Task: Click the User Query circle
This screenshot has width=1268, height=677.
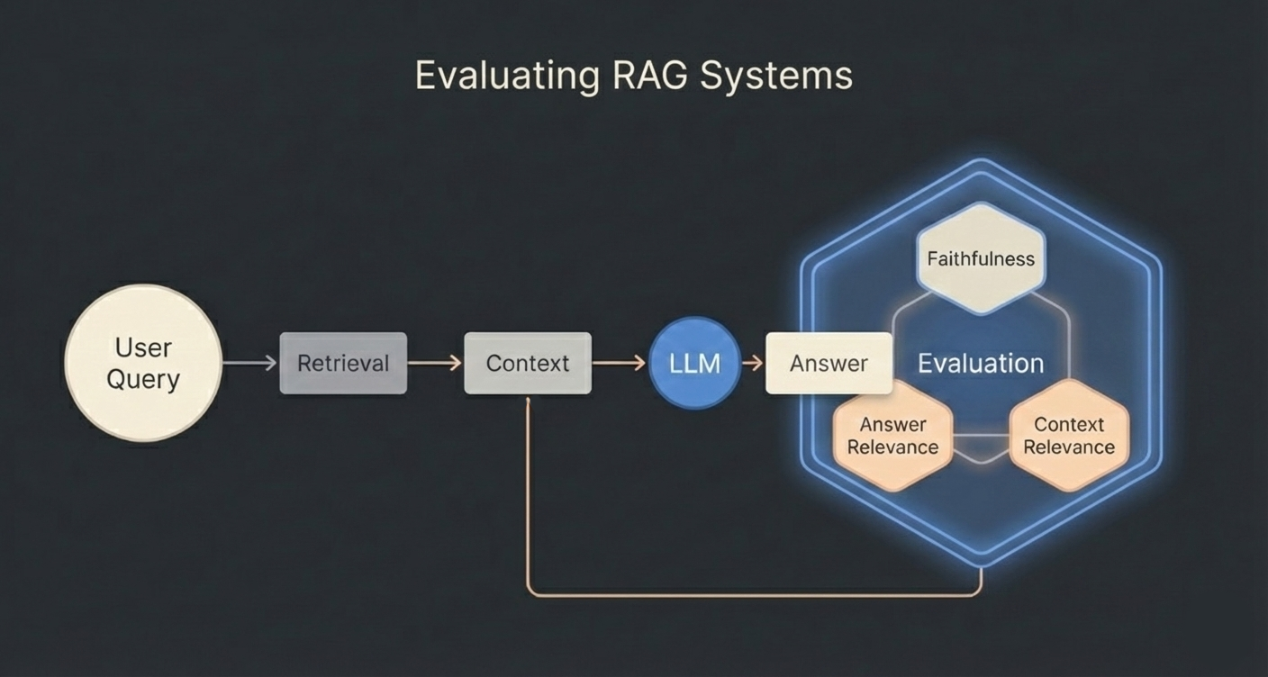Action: [143, 363]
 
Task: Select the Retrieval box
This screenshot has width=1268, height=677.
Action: [343, 363]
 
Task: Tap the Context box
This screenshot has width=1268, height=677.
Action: [528, 363]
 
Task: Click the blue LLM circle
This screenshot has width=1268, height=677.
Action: [694, 363]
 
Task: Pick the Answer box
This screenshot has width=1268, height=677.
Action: [829, 363]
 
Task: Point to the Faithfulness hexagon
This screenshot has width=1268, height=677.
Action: [981, 258]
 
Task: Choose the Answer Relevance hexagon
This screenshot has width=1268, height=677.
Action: [892, 436]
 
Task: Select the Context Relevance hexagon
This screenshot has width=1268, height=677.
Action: [1069, 436]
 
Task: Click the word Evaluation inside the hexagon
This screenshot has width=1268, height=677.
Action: [981, 364]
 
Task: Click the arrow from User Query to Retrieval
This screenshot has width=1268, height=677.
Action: [249, 363]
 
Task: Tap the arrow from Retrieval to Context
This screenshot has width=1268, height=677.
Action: [434, 363]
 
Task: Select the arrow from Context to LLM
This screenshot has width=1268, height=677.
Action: [619, 363]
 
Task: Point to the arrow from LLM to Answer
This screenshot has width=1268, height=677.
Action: [753, 363]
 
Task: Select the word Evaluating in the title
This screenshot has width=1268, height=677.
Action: [506, 76]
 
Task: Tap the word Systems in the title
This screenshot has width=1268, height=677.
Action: [776, 76]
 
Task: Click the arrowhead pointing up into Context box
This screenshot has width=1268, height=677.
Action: [528, 402]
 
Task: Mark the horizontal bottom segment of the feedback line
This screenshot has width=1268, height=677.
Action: [753, 595]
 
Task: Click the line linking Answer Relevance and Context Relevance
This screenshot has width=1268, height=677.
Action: [981, 436]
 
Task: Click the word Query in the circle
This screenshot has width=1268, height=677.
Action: [143, 379]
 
